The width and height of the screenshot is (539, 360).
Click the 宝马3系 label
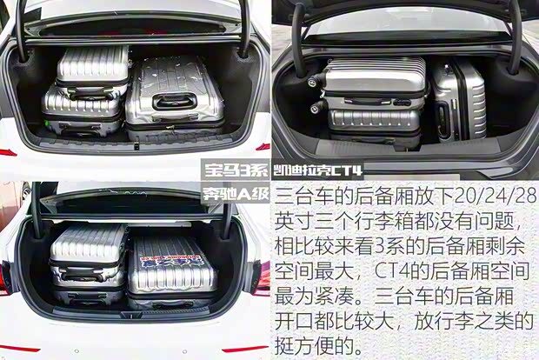[x=236, y=170]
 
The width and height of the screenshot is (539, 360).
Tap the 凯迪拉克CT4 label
[x=317, y=170]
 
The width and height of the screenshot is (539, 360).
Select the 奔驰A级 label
[x=236, y=194]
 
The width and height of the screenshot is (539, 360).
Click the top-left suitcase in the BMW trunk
[x=92, y=72]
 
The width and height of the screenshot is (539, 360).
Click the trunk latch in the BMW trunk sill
[x=136, y=146]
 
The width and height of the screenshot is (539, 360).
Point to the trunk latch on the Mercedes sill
[x=131, y=314]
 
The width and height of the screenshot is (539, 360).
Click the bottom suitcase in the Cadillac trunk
[x=375, y=128]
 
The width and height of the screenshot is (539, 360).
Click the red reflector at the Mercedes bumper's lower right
[x=242, y=350]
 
